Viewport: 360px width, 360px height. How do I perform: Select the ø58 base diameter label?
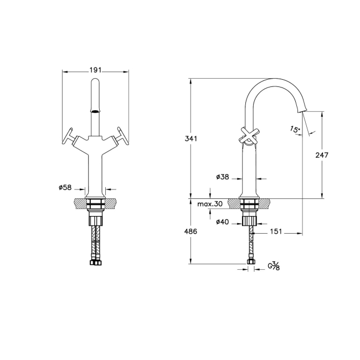pos(65,188)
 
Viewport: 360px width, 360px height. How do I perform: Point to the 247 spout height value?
pos(322,155)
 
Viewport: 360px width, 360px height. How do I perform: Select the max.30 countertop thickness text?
pos(210,204)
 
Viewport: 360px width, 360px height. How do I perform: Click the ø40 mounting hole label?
pos(223,222)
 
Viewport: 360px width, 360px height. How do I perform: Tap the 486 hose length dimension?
pos(191,232)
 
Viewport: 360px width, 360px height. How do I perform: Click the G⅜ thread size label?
pos(274,266)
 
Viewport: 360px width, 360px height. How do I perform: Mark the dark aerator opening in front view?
pos(96,111)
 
